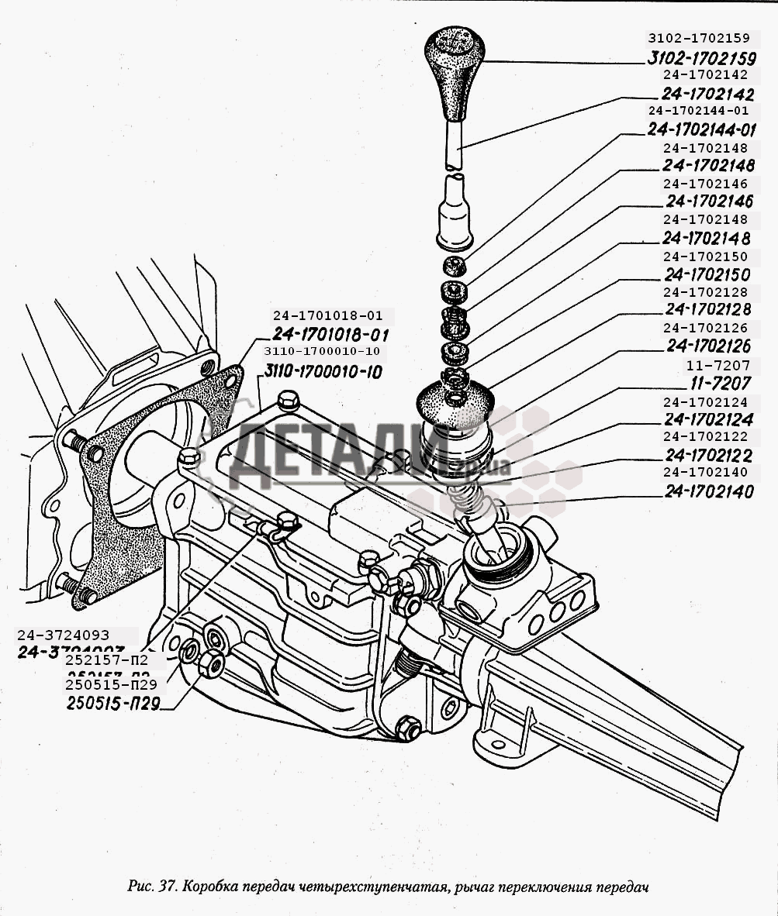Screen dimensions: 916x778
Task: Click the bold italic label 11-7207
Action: click(x=717, y=383)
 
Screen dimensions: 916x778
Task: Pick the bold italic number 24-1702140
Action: click(x=708, y=491)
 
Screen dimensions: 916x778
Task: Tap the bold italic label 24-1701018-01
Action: click(x=329, y=335)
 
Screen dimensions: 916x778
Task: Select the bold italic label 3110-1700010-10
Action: click(x=323, y=372)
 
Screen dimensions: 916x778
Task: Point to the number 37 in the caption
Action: click(x=167, y=886)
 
